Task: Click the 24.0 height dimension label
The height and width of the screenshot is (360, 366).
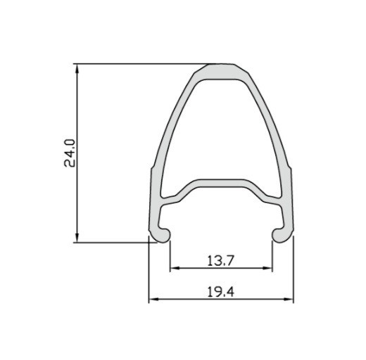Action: pyautogui.click(x=70, y=153)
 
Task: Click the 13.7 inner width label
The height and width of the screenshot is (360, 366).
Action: pyautogui.click(x=221, y=260)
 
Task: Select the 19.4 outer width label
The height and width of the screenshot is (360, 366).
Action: pyautogui.click(x=221, y=292)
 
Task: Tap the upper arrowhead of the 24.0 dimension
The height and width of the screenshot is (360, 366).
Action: pyautogui.click(x=77, y=68)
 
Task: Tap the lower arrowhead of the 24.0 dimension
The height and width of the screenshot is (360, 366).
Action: pyautogui.click(x=77, y=238)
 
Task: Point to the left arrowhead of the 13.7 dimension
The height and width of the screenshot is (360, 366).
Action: pyautogui.click(x=175, y=268)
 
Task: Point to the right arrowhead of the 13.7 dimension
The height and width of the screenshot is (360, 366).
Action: pyautogui.click(x=267, y=268)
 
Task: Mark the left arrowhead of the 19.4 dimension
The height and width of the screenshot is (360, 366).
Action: pyautogui.click(x=153, y=299)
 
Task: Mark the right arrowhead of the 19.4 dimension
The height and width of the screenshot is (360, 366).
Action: pyautogui.click(x=289, y=299)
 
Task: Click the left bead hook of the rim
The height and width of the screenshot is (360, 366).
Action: pyautogui.click(x=163, y=235)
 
